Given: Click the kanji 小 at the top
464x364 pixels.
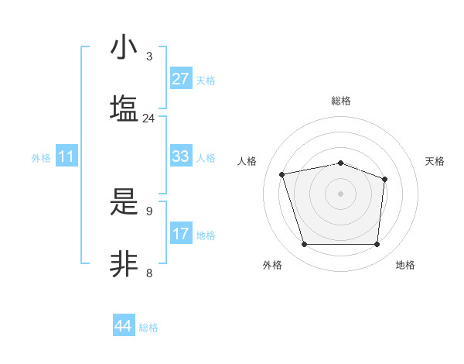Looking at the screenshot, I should pos(124,48).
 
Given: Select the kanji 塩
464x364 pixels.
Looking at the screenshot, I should pos(124,108).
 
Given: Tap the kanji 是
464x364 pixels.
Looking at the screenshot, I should pos(124,202).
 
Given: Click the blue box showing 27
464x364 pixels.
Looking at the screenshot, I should pos(181,79).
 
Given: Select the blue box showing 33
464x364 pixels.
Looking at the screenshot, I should pos(181,156).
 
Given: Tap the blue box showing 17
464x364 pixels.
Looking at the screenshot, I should pos(181,234).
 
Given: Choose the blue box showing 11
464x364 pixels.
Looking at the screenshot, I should pos(67,156).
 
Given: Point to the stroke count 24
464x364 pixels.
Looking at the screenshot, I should pos(148,118).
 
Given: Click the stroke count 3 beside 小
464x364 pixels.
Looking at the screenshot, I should pos(149,57).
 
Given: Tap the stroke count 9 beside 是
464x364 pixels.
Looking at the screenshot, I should pos(149,211).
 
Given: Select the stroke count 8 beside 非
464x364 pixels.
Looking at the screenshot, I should pos(149,273).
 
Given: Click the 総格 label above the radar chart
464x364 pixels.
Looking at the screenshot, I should pos(341,101).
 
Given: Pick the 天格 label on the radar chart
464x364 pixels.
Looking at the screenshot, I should pos(435,161).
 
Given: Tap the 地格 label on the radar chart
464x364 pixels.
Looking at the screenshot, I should pos(405,266).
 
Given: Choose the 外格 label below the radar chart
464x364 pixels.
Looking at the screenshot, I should pos(272,266).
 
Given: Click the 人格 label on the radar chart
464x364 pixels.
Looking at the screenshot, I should pos(247,161).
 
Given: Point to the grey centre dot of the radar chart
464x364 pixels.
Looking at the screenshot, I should pos(340,193).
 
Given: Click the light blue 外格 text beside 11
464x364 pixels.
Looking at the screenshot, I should pos(41,157).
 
